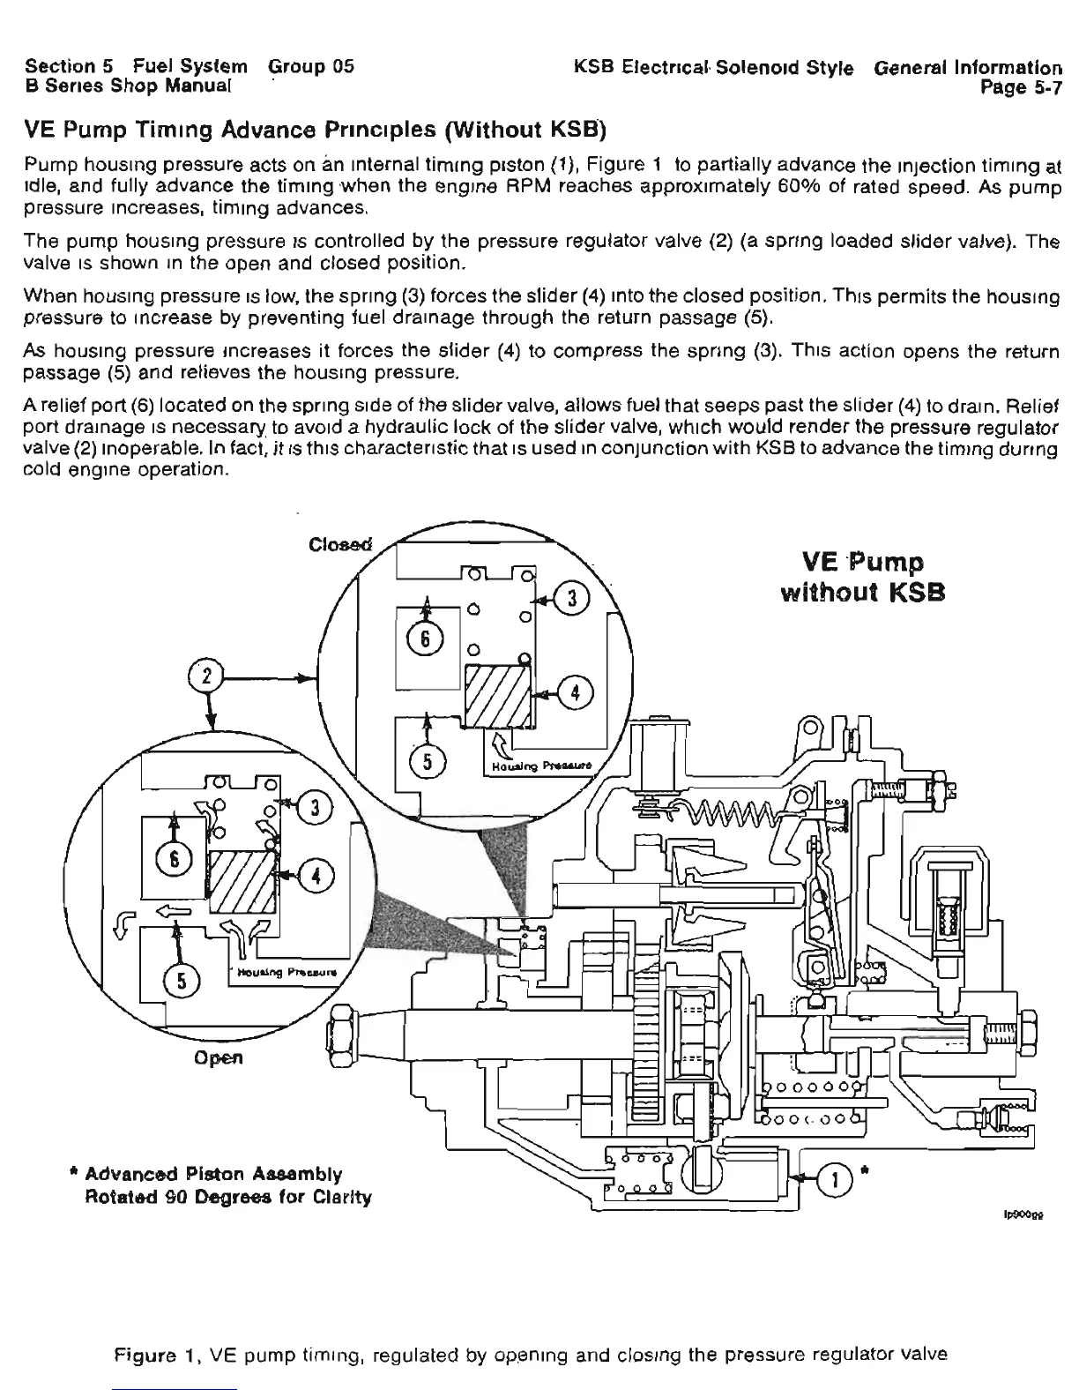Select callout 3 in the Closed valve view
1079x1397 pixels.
[571, 598]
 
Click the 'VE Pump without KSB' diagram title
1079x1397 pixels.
[863, 577]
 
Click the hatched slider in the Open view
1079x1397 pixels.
[242, 883]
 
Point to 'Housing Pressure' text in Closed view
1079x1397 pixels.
[540, 766]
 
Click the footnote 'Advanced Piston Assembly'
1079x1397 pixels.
[214, 1174]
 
